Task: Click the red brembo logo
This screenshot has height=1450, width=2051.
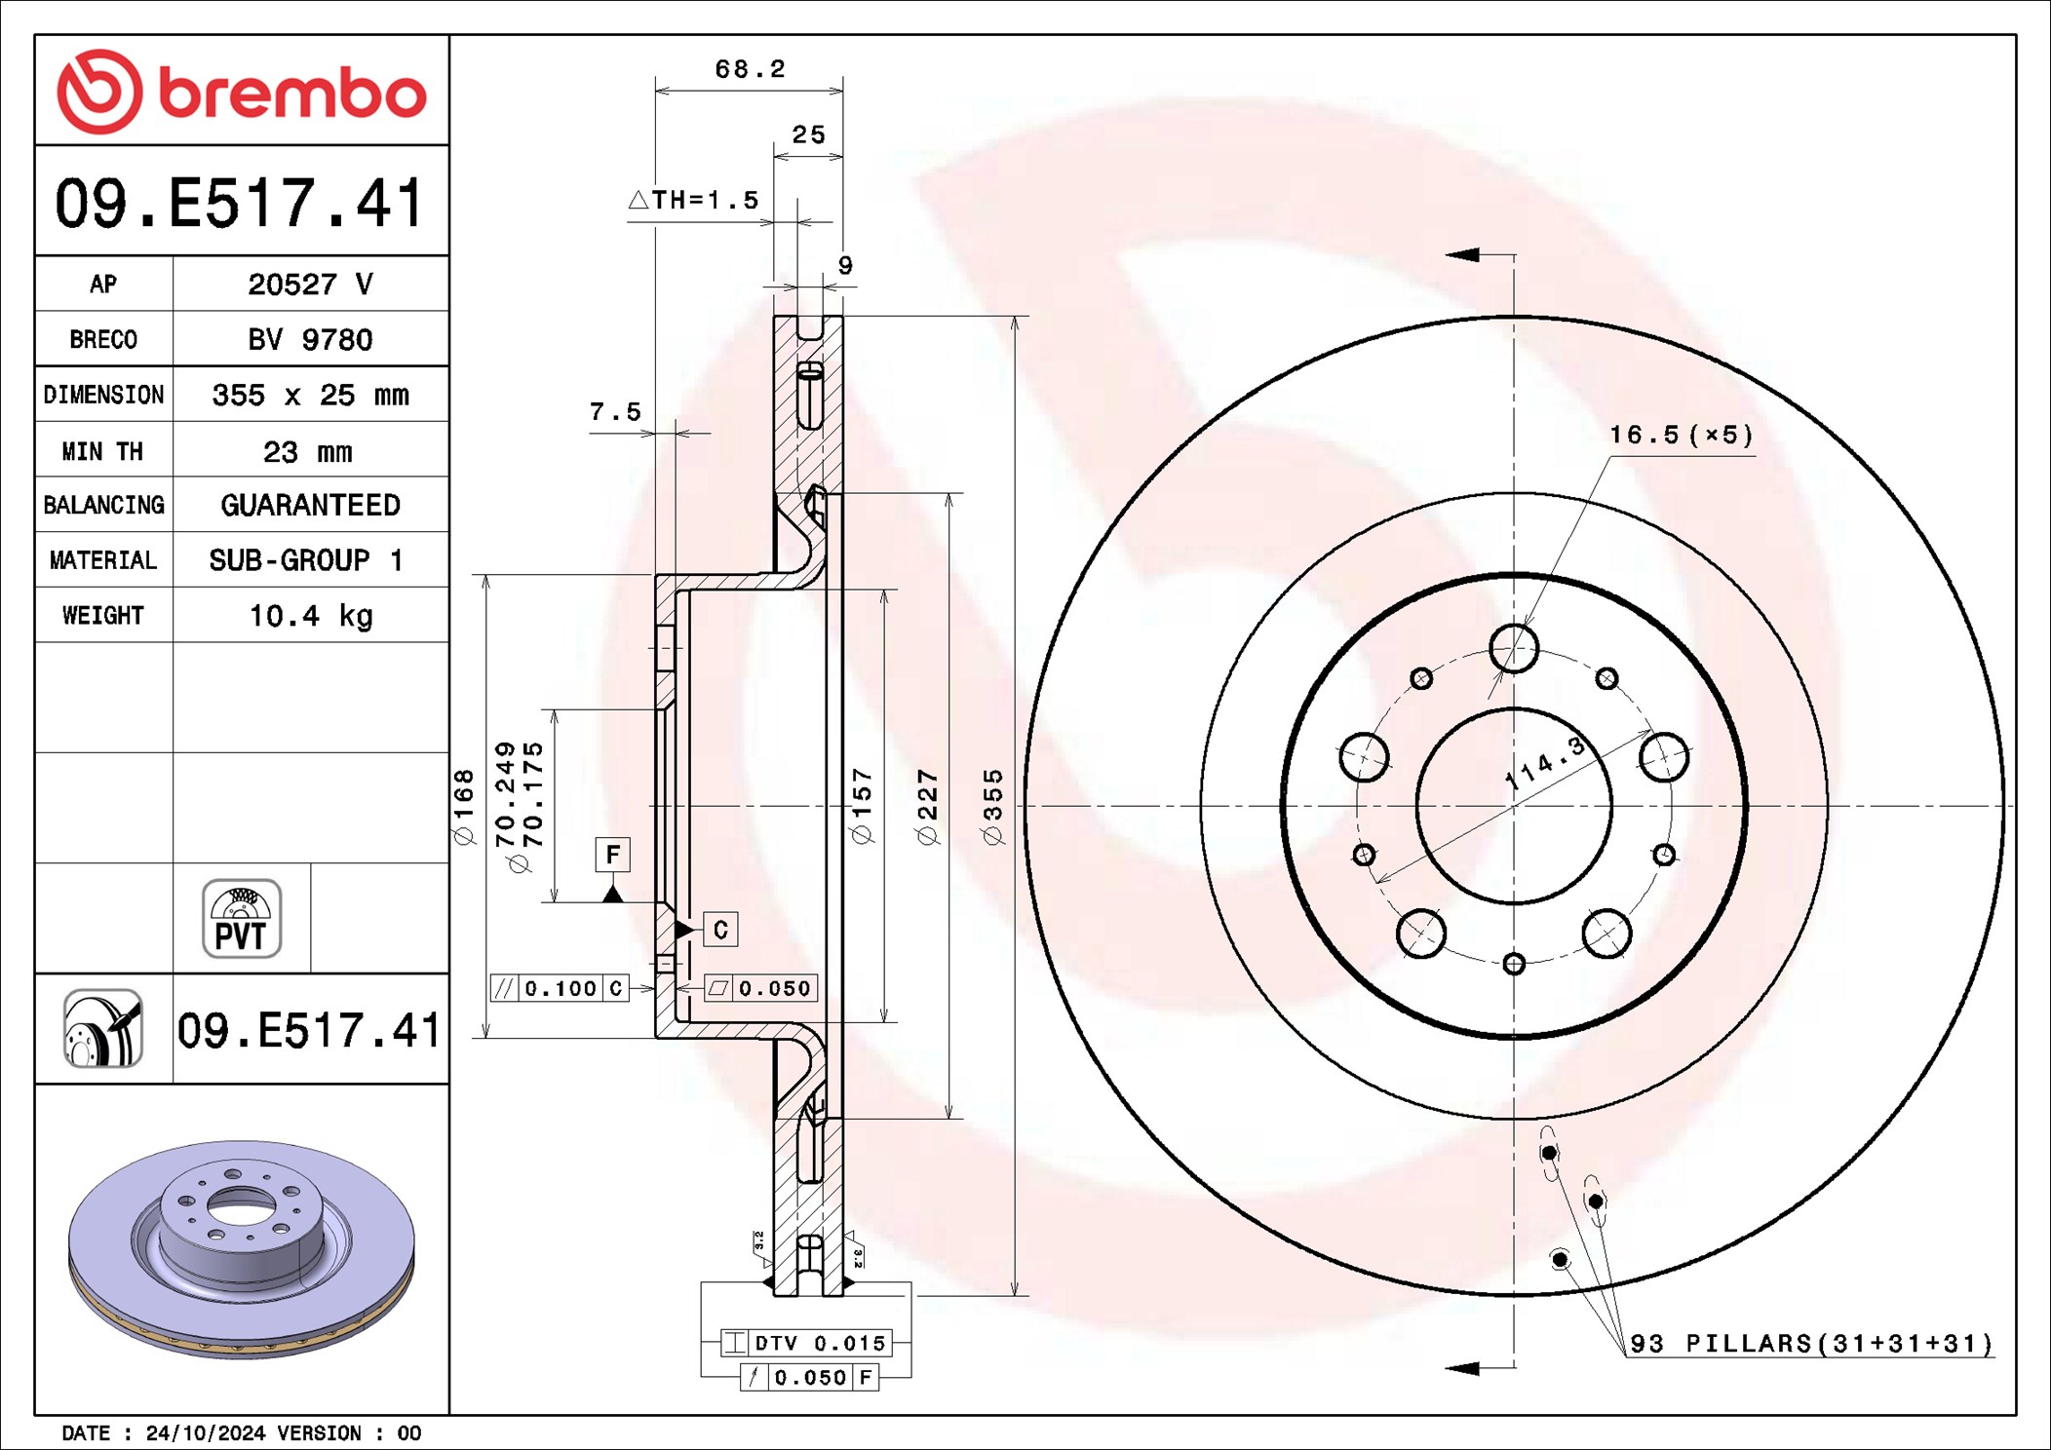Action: pos(241,92)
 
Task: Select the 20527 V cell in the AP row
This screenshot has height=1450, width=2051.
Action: pos(310,285)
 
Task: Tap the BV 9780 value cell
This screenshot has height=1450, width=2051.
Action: pos(310,340)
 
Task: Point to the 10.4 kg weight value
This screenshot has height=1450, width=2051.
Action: pos(310,616)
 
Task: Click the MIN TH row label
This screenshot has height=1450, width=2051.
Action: pos(103,451)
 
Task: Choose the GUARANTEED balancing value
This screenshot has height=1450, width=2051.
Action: pos(310,505)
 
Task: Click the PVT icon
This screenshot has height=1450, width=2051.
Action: pos(242,919)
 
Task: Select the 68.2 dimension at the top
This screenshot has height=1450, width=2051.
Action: pos(750,69)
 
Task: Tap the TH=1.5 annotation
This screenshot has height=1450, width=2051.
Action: pos(694,201)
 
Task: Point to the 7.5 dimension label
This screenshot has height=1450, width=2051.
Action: pos(615,412)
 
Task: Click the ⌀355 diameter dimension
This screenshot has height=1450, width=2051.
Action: pos(992,807)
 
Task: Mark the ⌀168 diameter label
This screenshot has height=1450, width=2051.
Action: pos(464,807)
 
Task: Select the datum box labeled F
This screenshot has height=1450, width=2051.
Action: pos(612,855)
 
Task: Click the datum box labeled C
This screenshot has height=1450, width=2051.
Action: pos(720,930)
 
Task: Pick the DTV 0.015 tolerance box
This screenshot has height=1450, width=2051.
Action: pos(806,1344)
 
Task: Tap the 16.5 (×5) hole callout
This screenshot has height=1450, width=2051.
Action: pos(1681,436)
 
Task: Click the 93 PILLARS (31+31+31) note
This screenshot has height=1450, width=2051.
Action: pos(1811,1344)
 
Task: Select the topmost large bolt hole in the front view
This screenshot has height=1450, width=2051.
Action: pos(1514,649)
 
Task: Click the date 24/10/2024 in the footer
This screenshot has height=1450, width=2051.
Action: pos(205,1433)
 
